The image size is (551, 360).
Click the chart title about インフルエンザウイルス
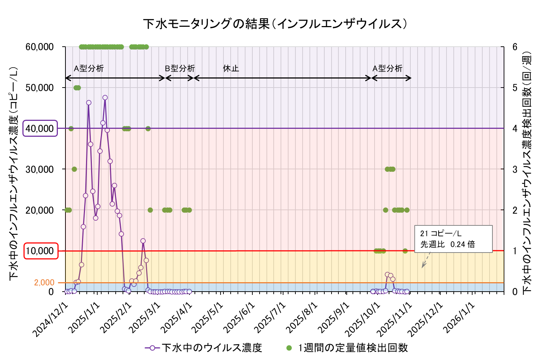tap(275, 24)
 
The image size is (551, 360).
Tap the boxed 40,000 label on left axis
tap(40, 128)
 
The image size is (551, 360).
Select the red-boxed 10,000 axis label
tap(41, 251)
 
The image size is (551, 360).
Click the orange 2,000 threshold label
tap(44, 283)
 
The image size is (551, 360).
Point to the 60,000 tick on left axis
tap(40, 47)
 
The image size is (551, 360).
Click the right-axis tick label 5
tap(514, 88)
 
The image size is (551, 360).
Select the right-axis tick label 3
tap(514, 169)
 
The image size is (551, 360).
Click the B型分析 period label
tap(180, 68)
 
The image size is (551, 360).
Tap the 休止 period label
tap(231, 68)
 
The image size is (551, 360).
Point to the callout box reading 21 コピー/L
tap(453, 239)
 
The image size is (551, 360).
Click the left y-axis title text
tap(14, 173)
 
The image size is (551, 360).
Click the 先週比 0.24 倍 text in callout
tap(448, 245)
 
